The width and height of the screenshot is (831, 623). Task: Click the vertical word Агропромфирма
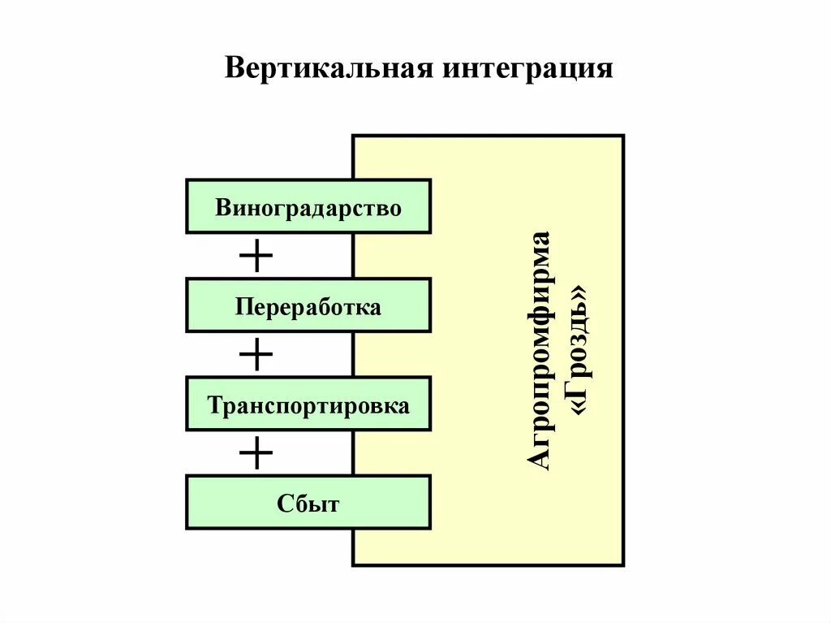pos(540,350)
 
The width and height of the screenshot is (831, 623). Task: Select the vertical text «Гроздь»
pos(582,350)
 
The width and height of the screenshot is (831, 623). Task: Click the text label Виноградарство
pos(308,208)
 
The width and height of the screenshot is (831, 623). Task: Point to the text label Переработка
pos(308,307)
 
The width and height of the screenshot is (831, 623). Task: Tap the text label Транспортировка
pos(308,405)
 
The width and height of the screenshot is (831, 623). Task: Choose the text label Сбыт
pos(308,504)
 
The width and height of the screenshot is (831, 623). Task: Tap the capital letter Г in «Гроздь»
pos(582,393)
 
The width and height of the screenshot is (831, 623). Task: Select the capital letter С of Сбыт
pos(285,504)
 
